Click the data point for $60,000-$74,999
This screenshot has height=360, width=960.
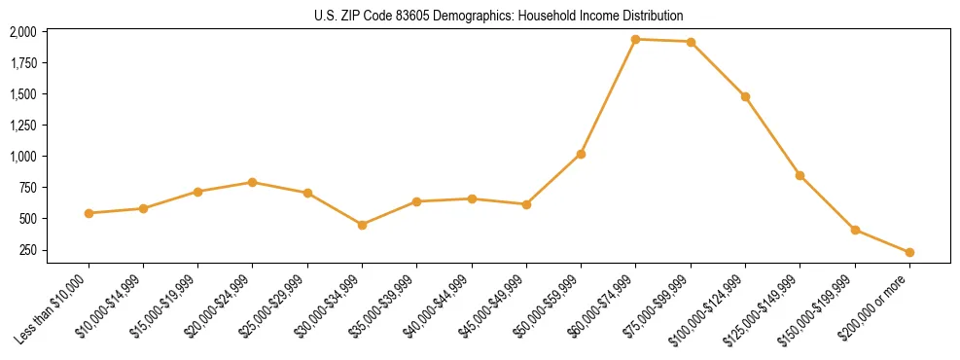point(636,40)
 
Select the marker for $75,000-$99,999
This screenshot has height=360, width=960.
point(691,42)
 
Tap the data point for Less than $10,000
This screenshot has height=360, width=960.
point(89,213)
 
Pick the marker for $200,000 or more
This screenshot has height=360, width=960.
point(909,252)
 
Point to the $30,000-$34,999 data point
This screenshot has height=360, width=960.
point(362,225)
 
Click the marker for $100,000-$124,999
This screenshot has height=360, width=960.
point(745,96)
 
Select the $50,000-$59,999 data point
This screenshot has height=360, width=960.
point(581,154)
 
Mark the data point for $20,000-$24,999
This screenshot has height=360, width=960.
point(253,182)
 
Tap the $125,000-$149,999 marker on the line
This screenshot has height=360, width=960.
point(800,175)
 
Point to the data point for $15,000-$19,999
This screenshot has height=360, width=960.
point(198,192)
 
